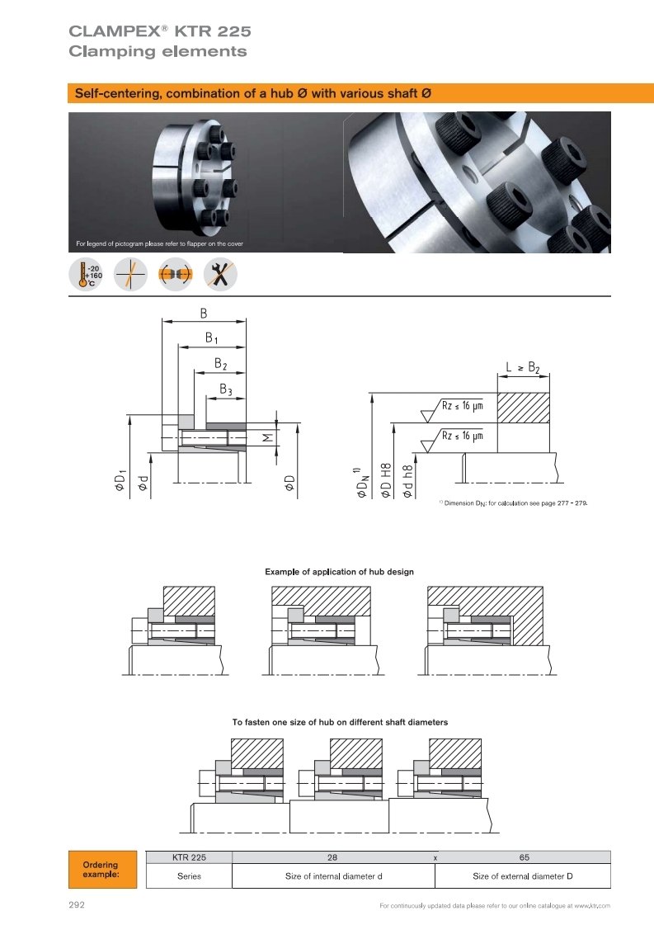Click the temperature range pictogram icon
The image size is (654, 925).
86,275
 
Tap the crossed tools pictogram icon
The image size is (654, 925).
220,275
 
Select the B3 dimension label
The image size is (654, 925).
226,389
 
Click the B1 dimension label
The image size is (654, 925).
211,338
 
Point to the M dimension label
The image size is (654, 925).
268,437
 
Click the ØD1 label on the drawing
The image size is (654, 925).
120,480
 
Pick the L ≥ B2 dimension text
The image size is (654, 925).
523,367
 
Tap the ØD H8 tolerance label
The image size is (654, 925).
386,480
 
